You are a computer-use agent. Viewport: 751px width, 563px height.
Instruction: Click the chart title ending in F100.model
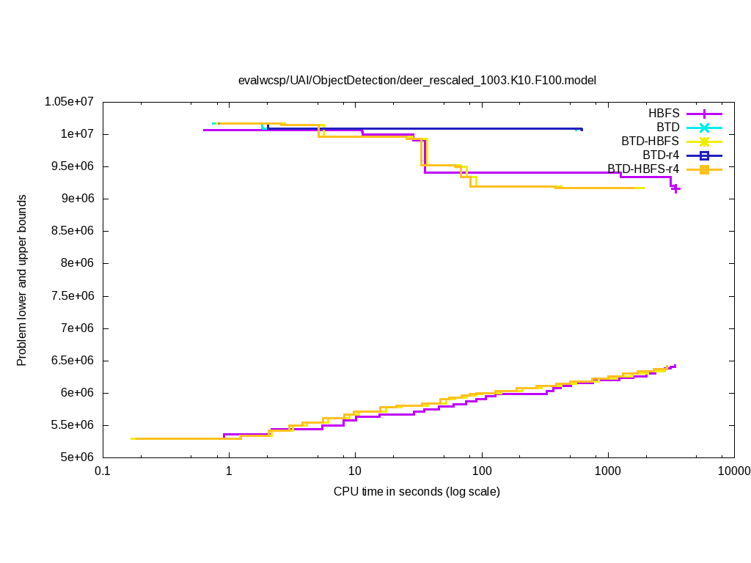[x=417, y=80]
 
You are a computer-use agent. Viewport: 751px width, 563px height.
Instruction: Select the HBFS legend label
[x=664, y=114]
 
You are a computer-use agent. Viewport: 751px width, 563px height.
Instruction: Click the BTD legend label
[x=668, y=128]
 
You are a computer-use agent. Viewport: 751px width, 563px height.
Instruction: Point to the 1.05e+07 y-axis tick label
[x=72, y=102]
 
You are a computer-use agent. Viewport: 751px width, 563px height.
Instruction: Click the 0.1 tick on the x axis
[x=102, y=471]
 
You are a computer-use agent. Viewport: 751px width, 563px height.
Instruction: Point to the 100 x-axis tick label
[x=482, y=471]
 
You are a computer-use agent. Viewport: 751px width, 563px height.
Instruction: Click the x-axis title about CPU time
[x=417, y=491]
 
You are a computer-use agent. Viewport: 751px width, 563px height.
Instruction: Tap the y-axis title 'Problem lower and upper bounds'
[x=22, y=280]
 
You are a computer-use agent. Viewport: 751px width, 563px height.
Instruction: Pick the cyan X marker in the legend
[x=704, y=128]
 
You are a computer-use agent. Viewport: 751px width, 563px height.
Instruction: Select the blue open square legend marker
[x=704, y=155]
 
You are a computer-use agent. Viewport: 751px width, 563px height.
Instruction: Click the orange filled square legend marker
[x=704, y=169]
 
